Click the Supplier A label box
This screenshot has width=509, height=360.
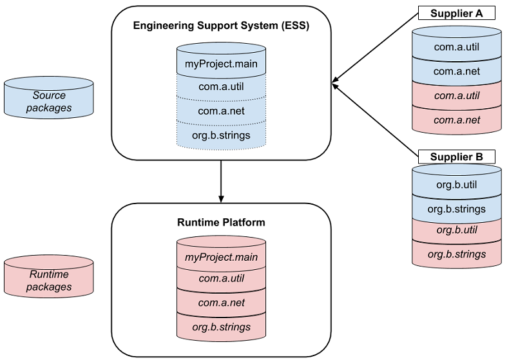point(456,13)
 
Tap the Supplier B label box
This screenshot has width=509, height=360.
point(456,156)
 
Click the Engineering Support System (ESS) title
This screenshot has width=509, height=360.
point(221,26)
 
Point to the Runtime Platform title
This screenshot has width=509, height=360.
point(221,223)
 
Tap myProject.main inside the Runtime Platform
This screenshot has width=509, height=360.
point(221,258)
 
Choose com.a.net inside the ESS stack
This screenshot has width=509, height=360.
point(221,111)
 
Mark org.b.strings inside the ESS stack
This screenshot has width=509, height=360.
point(221,135)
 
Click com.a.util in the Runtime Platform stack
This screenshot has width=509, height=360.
point(221,279)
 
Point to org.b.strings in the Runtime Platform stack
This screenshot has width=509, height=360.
point(221,327)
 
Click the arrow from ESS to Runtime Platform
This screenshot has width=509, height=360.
point(221,180)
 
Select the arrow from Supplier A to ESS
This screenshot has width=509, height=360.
point(374,48)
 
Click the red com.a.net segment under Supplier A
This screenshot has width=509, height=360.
point(456,120)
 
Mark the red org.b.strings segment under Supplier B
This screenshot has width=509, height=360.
point(456,254)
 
